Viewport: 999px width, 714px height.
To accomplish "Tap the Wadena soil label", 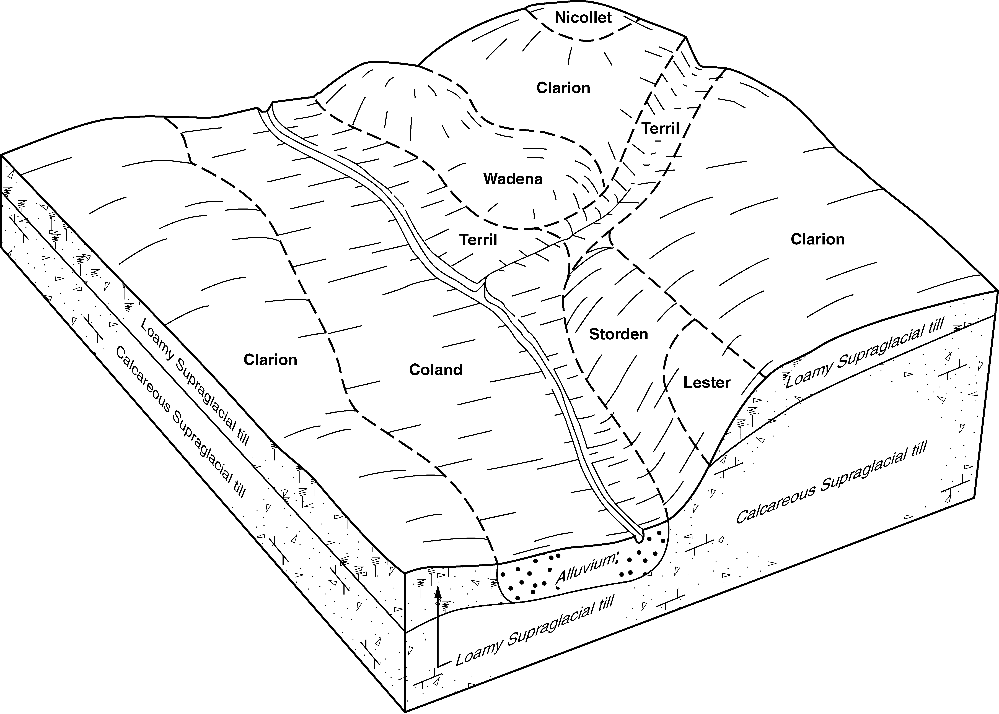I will pyautogui.click(x=513, y=179).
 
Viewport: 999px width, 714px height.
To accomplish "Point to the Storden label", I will pyautogui.click(x=618, y=334).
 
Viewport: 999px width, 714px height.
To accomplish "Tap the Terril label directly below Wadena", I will pyautogui.click(x=478, y=240).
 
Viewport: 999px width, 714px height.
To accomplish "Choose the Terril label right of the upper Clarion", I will pyautogui.click(x=660, y=128).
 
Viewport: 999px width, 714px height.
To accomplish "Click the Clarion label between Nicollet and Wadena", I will pyautogui.click(x=563, y=88).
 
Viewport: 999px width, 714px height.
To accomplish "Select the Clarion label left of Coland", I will pyautogui.click(x=270, y=360).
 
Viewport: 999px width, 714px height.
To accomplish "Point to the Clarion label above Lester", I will pyautogui.click(x=817, y=239).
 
